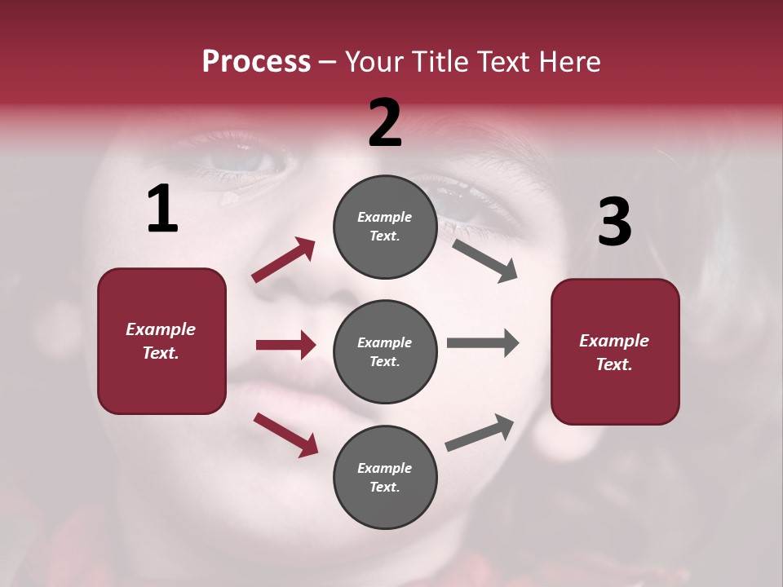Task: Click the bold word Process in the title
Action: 256,62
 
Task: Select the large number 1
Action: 162,210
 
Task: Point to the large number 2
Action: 385,123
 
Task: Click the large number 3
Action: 615,223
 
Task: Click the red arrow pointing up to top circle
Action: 284,260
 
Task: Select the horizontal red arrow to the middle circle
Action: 285,345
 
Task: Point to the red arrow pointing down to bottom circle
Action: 285,434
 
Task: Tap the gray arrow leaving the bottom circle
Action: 480,433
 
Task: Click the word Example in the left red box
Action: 161,329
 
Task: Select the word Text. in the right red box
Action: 614,364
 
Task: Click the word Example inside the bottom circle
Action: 385,468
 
